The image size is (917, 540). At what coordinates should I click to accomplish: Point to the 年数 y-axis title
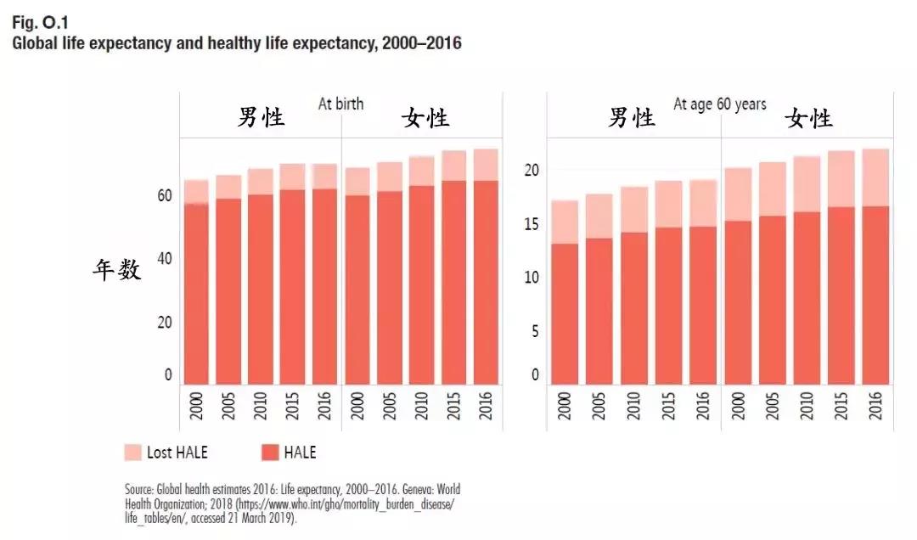click(x=117, y=270)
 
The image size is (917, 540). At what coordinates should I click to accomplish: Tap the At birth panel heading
click(x=340, y=104)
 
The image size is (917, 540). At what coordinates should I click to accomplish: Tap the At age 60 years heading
click(x=719, y=104)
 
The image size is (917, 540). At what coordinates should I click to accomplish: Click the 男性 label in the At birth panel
click(x=261, y=117)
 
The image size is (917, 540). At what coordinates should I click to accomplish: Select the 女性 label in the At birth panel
click(x=425, y=117)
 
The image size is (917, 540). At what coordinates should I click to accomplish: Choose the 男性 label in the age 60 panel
click(x=632, y=117)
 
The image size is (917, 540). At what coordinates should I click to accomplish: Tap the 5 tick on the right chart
click(x=535, y=331)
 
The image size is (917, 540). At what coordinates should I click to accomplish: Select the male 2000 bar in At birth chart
click(x=196, y=289)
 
